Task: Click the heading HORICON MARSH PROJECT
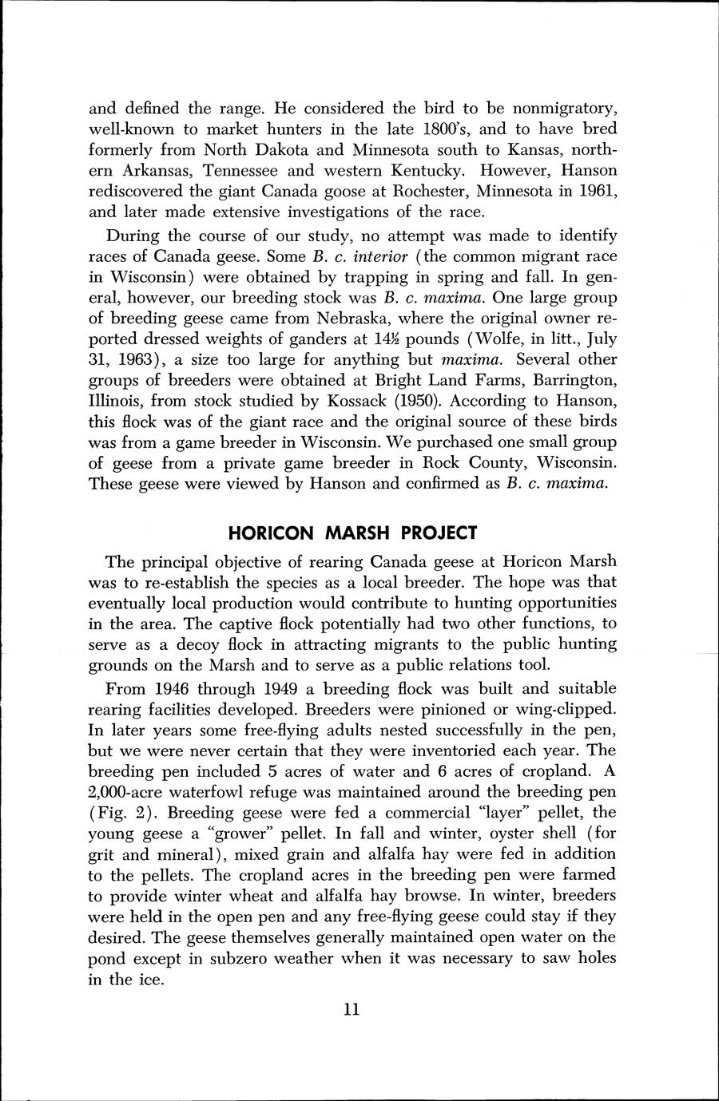(352, 532)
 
